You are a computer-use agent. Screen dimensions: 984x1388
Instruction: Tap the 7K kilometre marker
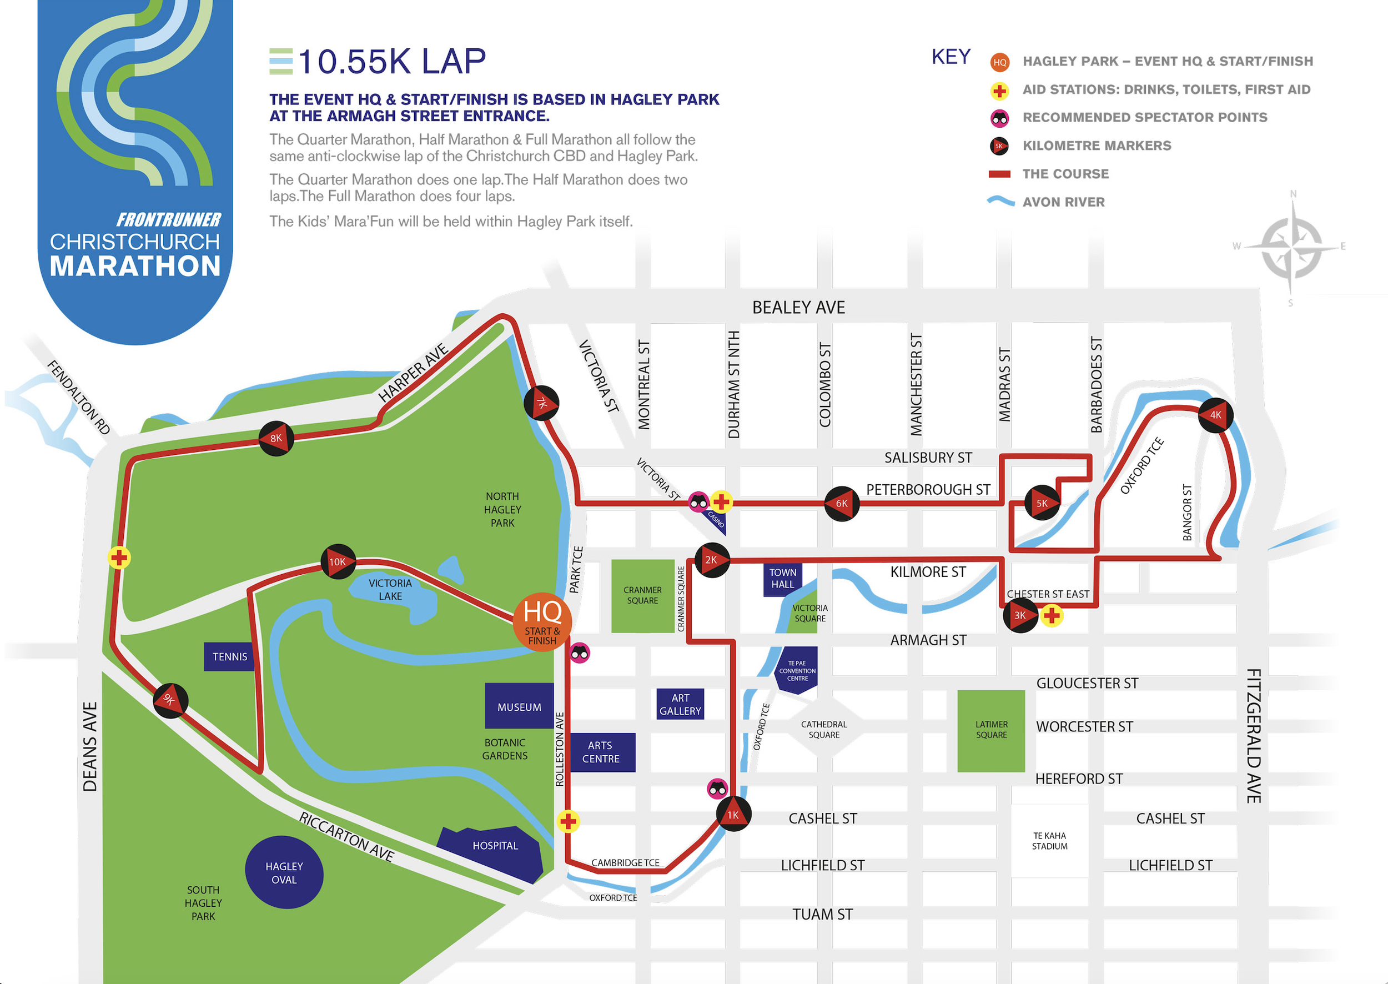tap(541, 403)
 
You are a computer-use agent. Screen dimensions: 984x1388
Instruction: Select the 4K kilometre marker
tap(1215, 415)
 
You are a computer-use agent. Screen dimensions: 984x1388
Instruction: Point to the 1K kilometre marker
tap(733, 814)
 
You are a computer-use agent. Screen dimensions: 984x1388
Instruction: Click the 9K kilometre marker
tap(170, 701)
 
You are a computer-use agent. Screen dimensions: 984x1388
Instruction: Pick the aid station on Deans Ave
tap(119, 558)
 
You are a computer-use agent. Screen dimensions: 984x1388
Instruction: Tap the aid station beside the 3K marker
tap(1052, 616)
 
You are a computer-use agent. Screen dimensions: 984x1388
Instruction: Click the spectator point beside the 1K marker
tap(717, 789)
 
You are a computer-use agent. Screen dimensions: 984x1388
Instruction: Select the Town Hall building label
tap(783, 579)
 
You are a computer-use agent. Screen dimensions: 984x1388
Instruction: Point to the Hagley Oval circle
tap(284, 872)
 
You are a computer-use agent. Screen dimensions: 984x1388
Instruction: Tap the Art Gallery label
tap(680, 705)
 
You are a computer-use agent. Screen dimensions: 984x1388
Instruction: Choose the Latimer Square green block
tap(991, 730)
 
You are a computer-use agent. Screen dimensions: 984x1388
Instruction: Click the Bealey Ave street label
tap(798, 308)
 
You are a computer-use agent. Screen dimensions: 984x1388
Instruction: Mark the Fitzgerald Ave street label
tap(1254, 736)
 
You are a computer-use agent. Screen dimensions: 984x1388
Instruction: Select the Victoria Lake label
tap(390, 590)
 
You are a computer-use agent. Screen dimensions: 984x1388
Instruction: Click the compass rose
tap(1291, 248)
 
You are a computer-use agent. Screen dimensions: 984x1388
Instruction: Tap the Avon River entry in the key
tap(1063, 202)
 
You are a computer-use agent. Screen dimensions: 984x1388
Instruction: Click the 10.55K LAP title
tap(391, 62)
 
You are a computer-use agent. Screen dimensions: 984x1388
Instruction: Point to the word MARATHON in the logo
tap(135, 267)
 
